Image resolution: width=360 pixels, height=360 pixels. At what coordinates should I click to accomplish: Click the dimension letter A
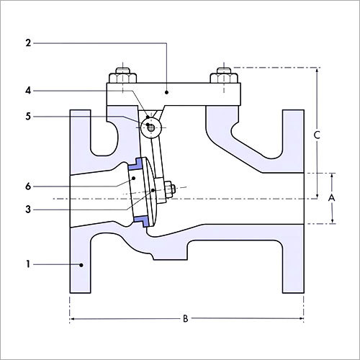pos(331,197)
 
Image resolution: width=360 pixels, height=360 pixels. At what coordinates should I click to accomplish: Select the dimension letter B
pos(186,317)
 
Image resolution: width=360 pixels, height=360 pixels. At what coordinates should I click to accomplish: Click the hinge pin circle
pos(150,128)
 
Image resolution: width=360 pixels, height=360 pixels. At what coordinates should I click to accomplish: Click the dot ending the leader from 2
pos(166,92)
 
